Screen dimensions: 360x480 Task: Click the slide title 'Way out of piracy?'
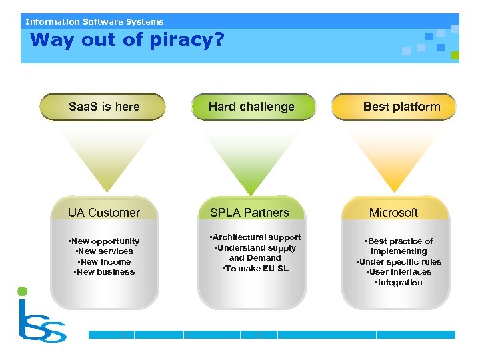pyautogui.click(x=127, y=40)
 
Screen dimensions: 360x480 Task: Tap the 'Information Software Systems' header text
pyautogui.click(x=94, y=21)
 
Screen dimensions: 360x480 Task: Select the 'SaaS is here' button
pyautogui.click(x=104, y=107)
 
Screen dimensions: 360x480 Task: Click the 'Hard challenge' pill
pyautogui.click(x=251, y=107)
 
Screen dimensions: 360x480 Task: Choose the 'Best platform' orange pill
pyautogui.click(x=401, y=107)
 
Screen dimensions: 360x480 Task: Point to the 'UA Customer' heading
pyautogui.click(x=104, y=213)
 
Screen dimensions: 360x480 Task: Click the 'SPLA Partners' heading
pyautogui.click(x=249, y=213)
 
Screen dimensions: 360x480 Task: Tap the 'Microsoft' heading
pyautogui.click(x=393, y=213)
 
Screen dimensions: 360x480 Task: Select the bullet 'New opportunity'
pyautogui.click(x=104, y=241)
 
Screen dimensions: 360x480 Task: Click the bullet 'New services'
pyautogui.click(x=105, y=251)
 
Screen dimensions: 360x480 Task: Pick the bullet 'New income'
pyautogui.click(x=104, y=262)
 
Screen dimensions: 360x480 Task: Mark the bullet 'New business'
pyautogui.click(x=104, y=272)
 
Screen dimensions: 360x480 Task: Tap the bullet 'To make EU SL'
pyautogui.click(x=255, y=269)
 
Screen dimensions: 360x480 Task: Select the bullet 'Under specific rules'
pyautogui.click(x=399, y=262)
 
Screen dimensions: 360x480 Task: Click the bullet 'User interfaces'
pyautogui.click(x=399, y=272)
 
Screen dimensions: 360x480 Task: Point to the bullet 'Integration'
pyautogui.click(x=399, y=283)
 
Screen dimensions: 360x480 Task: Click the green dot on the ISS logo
pyautogui.click(x=23, y=291)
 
